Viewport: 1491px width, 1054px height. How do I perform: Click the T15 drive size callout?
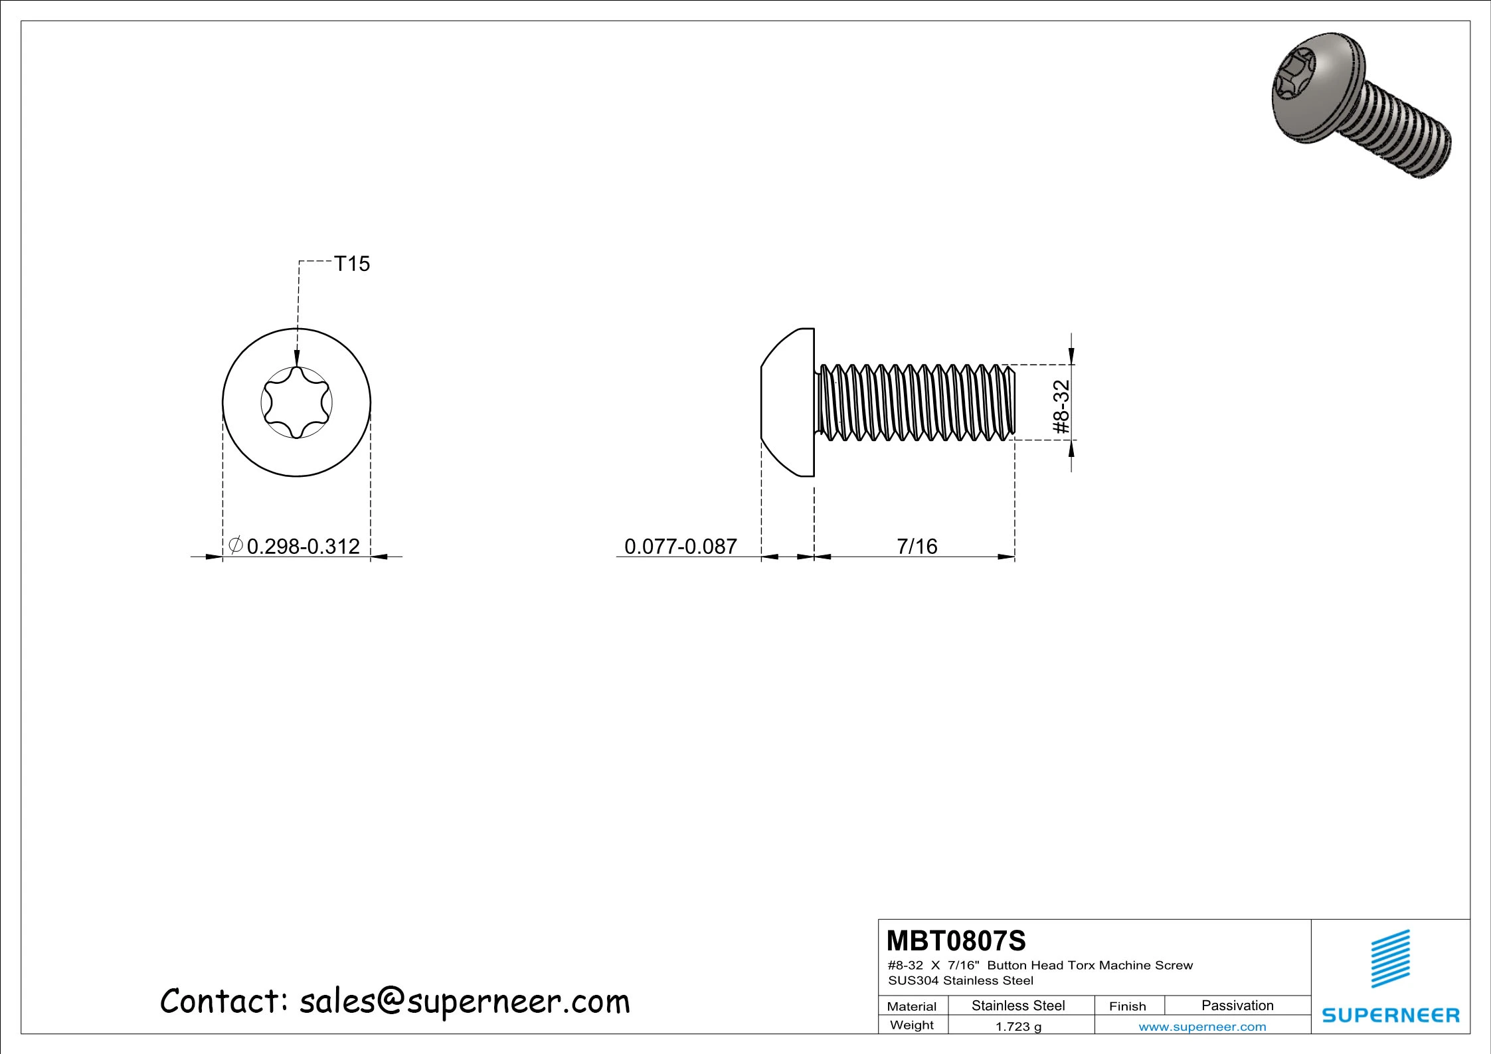[351, 264]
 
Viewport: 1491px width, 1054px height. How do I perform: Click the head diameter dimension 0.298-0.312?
[303, 546]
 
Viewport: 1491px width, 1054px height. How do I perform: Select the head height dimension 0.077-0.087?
[681, 546]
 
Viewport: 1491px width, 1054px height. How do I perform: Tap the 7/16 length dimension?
[917, 546]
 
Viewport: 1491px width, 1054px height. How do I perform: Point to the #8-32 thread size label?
[1062, 406]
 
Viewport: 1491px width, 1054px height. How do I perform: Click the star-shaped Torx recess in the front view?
[296, 402]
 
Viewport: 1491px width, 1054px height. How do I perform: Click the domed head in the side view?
[788, 402]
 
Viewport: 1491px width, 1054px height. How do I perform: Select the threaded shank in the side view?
[915, 402]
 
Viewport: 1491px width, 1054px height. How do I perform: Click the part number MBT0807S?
[956, 940]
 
